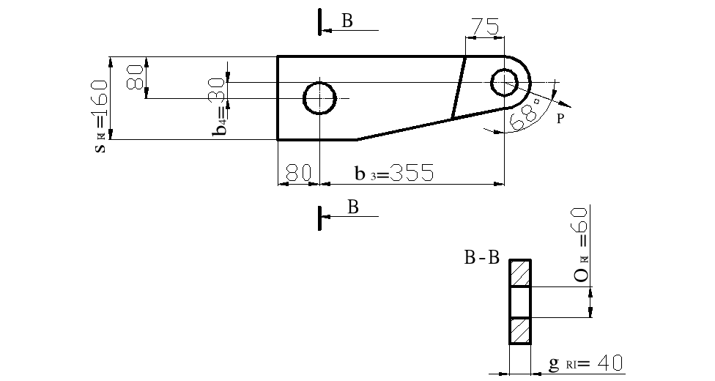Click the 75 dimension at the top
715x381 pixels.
[484, 26]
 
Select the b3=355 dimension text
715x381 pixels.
[394, 174]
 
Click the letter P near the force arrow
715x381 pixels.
[560, 119]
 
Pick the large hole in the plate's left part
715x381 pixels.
[320, 97]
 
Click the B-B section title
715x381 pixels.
[481, 258]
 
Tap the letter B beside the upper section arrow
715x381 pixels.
[347, 21]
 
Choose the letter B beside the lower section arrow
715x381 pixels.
[352, 207]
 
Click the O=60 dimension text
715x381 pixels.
[580, 245]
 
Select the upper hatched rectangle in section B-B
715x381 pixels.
[521, 273]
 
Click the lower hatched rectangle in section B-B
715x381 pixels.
[521, 330]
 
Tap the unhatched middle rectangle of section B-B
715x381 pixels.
[521, 302]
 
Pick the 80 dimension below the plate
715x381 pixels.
[298, 173]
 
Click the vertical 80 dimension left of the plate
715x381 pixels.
[135, 77]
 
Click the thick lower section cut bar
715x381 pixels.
[320, 218]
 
